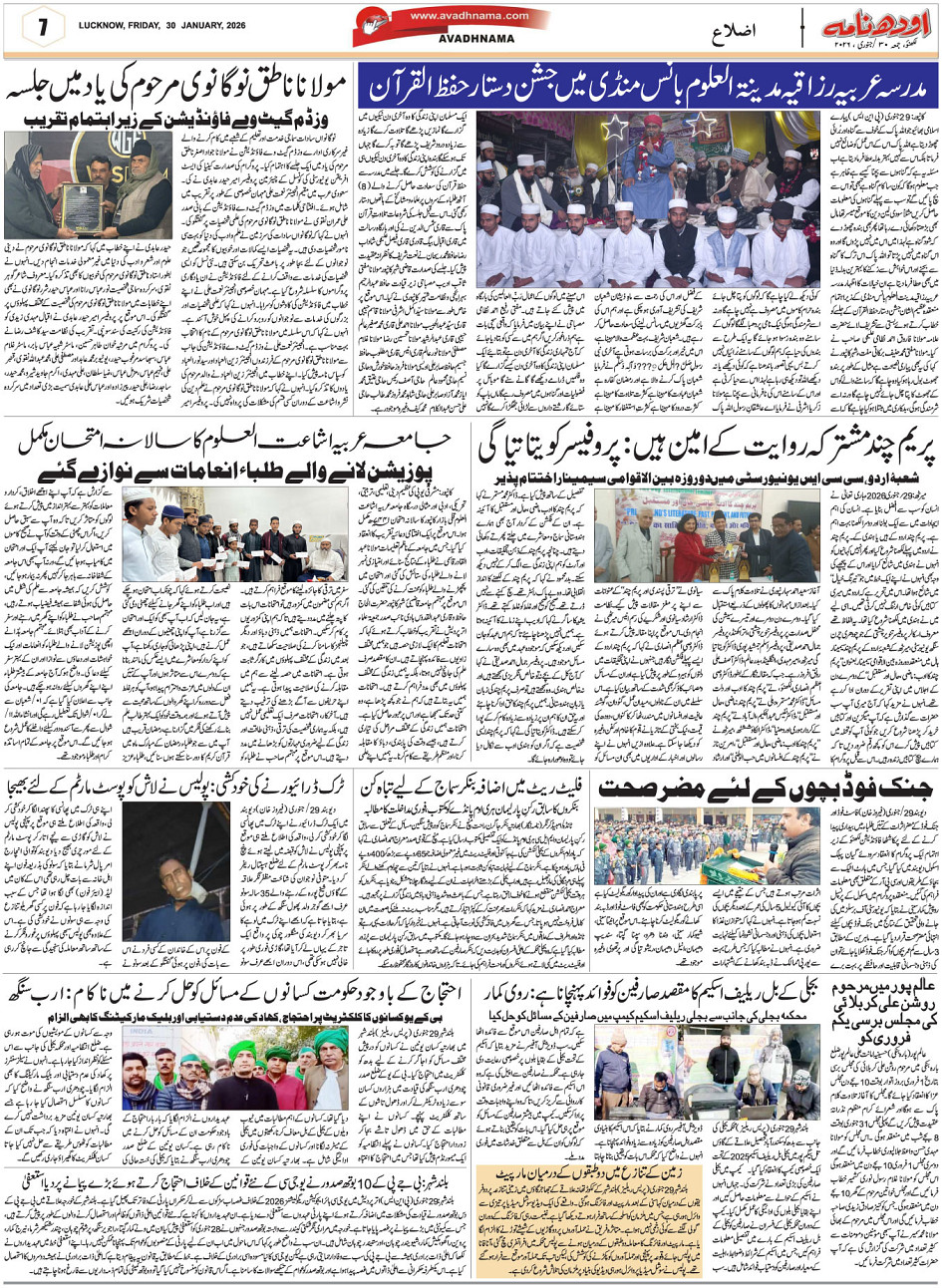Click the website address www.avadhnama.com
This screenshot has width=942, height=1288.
[x=455, y=16]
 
